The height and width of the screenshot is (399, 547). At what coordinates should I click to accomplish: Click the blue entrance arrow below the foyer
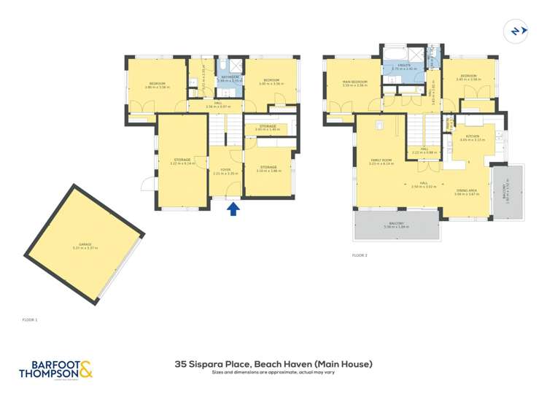coord(233,209)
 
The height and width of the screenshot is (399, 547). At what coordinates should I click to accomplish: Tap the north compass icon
coord(516,31)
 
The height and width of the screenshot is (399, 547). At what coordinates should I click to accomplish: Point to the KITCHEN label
coord(473,136)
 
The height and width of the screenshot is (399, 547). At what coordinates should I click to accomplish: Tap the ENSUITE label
coord(403,64)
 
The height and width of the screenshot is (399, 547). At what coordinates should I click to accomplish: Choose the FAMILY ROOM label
coord(381,160)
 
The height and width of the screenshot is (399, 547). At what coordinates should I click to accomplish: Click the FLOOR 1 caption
coord(30,319)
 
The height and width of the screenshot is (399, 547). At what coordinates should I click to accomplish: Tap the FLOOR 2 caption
coord(360,255)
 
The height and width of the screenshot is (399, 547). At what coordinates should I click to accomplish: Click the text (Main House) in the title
coord(345,363)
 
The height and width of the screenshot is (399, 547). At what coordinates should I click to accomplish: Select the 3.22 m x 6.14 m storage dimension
coord(182,163)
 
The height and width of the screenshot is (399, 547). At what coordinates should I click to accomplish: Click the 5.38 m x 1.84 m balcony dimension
coord(397,227)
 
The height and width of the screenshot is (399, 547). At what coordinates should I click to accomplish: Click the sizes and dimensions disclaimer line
coord(273,372)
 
